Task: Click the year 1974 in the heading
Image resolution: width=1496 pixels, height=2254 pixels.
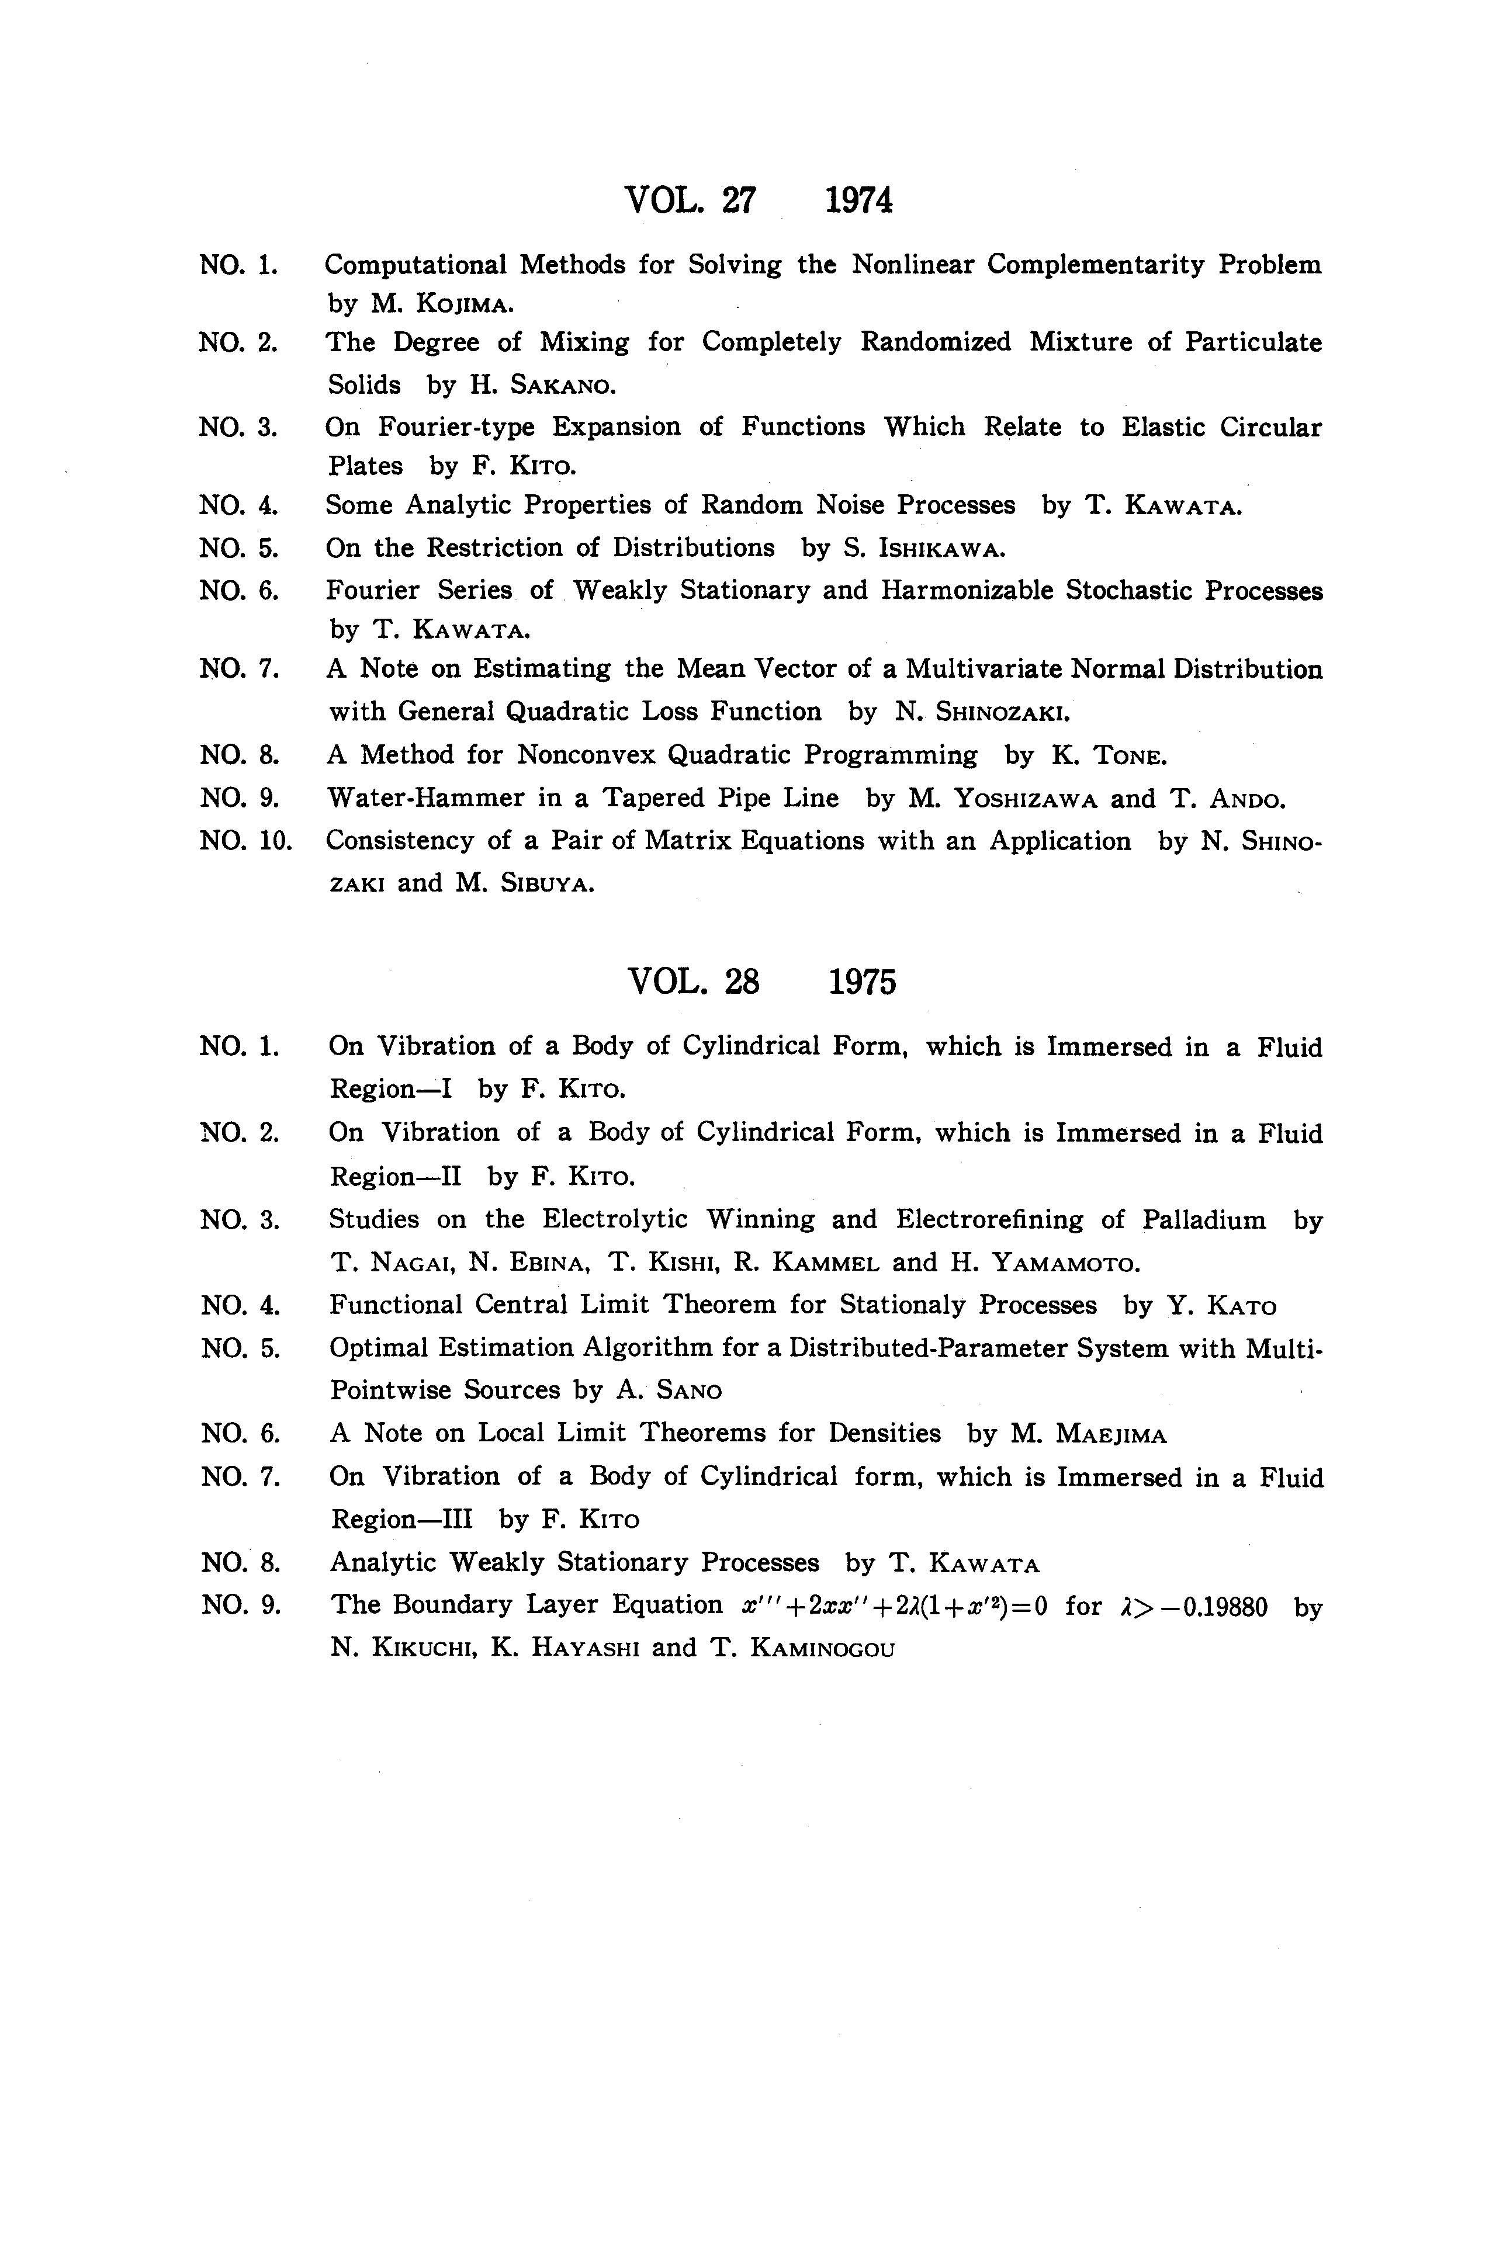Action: coord(858,200)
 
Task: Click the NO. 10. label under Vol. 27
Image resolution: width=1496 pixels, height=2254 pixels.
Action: coord(244,841)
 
